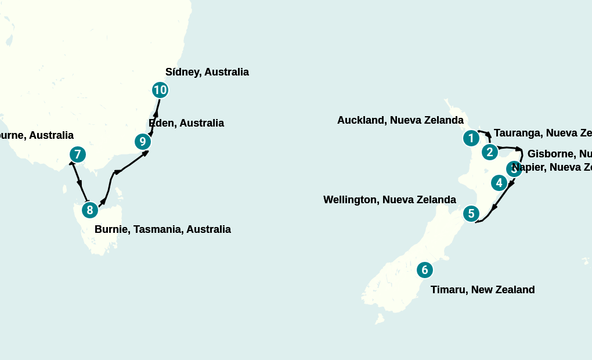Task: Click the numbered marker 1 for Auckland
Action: (471, 138)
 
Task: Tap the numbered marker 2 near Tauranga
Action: (490, 152)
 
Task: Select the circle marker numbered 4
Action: (499, 183)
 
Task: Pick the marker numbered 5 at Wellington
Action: (471, 214)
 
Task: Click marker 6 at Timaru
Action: (425, 270)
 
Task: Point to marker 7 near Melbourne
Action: (78, 154)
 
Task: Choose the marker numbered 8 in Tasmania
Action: (89, 210)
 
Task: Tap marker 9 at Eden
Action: (143, 142)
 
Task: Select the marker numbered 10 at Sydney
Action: (160, 90)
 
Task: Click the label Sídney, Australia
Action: (207, 72)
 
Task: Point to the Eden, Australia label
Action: (186, 123)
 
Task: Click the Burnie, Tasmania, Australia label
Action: (163, 229)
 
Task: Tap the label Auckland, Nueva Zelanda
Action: (400, 120)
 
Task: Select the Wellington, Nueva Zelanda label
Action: (389, 200)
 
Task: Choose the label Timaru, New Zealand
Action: (482, 290)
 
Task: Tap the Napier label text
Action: (554, 167)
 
